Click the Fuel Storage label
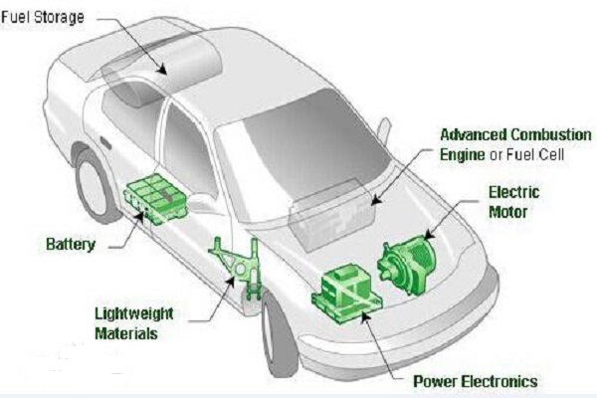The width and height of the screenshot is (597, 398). (x=42, y=17)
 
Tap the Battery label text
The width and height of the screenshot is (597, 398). (x=71, y=244)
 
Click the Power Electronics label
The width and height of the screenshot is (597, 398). (x=476, y=381)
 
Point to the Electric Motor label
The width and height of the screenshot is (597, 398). (x=514, y=202)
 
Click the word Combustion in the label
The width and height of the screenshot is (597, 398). (x=551, y=135)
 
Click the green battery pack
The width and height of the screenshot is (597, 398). (x=156, y=198)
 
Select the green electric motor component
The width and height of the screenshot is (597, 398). (x=407, y=265)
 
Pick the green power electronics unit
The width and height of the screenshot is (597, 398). (x=346, y=292)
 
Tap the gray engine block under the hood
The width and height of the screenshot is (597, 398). (x=330, y=213)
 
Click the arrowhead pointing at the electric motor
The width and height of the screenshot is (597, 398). (x=429, y=235)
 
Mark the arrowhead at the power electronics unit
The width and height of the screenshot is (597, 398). (x=365, y=316)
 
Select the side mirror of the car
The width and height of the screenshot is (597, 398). (x=384, y=128)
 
